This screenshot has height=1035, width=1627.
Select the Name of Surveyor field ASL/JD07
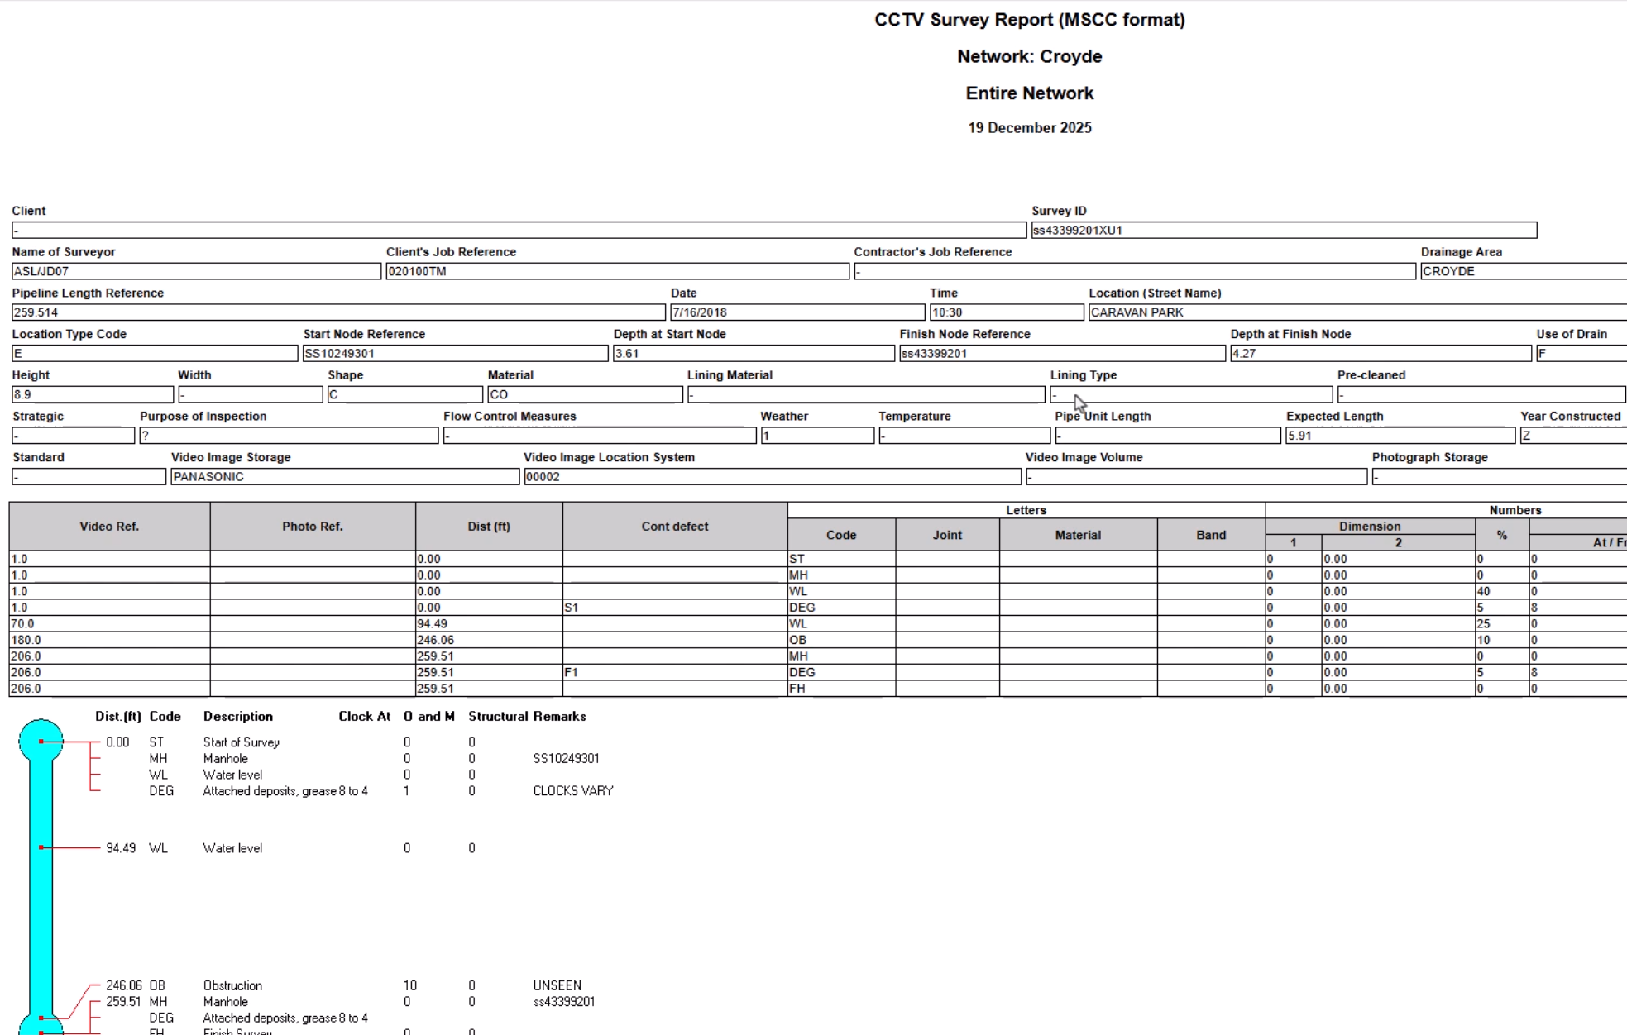coord(196,271)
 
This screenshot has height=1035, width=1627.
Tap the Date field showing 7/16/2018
coord(797,312)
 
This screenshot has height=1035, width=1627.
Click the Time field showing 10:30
coord(1006,312)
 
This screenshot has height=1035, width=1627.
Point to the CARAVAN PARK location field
coord(1357,312)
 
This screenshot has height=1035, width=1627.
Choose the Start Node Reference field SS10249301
coord(455,354)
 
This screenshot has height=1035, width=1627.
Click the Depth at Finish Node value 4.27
coord(1380,354)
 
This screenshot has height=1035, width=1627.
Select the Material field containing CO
coord(584,395)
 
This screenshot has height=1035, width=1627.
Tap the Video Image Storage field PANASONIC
coord(344,477)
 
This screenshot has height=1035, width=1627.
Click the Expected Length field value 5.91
coord(1399,436)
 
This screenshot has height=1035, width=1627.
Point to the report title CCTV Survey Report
coord(1029,20)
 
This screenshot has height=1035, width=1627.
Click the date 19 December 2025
coord(1029,128)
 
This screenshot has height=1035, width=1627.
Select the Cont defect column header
coord(674,527)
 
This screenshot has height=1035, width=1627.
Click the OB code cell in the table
coord(840,640)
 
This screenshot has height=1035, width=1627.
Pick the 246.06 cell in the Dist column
coord(488,640)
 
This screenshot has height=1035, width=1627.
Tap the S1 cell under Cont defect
coord(674,608)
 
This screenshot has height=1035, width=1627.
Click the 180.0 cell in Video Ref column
coord(108,640)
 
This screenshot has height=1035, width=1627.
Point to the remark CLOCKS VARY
coord(572,791)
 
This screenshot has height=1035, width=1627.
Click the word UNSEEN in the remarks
coord(557,985)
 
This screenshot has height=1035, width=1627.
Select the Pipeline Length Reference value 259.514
coord(337,312)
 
